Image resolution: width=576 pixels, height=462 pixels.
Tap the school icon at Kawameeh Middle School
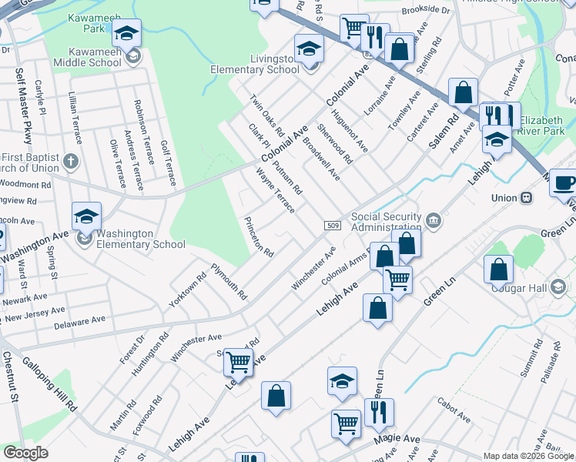tap(133, 56)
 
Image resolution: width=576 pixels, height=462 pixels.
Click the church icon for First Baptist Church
tap(71, 162)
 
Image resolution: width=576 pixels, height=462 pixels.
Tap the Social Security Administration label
tap(386, 222)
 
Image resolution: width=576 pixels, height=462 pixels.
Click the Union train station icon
tap(527, 198)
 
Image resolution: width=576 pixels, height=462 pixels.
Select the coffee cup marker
tap(565, 183)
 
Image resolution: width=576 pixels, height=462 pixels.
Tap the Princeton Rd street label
tap(259, 236)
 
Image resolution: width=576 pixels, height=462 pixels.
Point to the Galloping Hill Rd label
tap(49, 383)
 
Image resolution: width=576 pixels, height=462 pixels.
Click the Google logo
tap(25, 453)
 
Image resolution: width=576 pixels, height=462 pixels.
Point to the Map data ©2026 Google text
tap(527, 456)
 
